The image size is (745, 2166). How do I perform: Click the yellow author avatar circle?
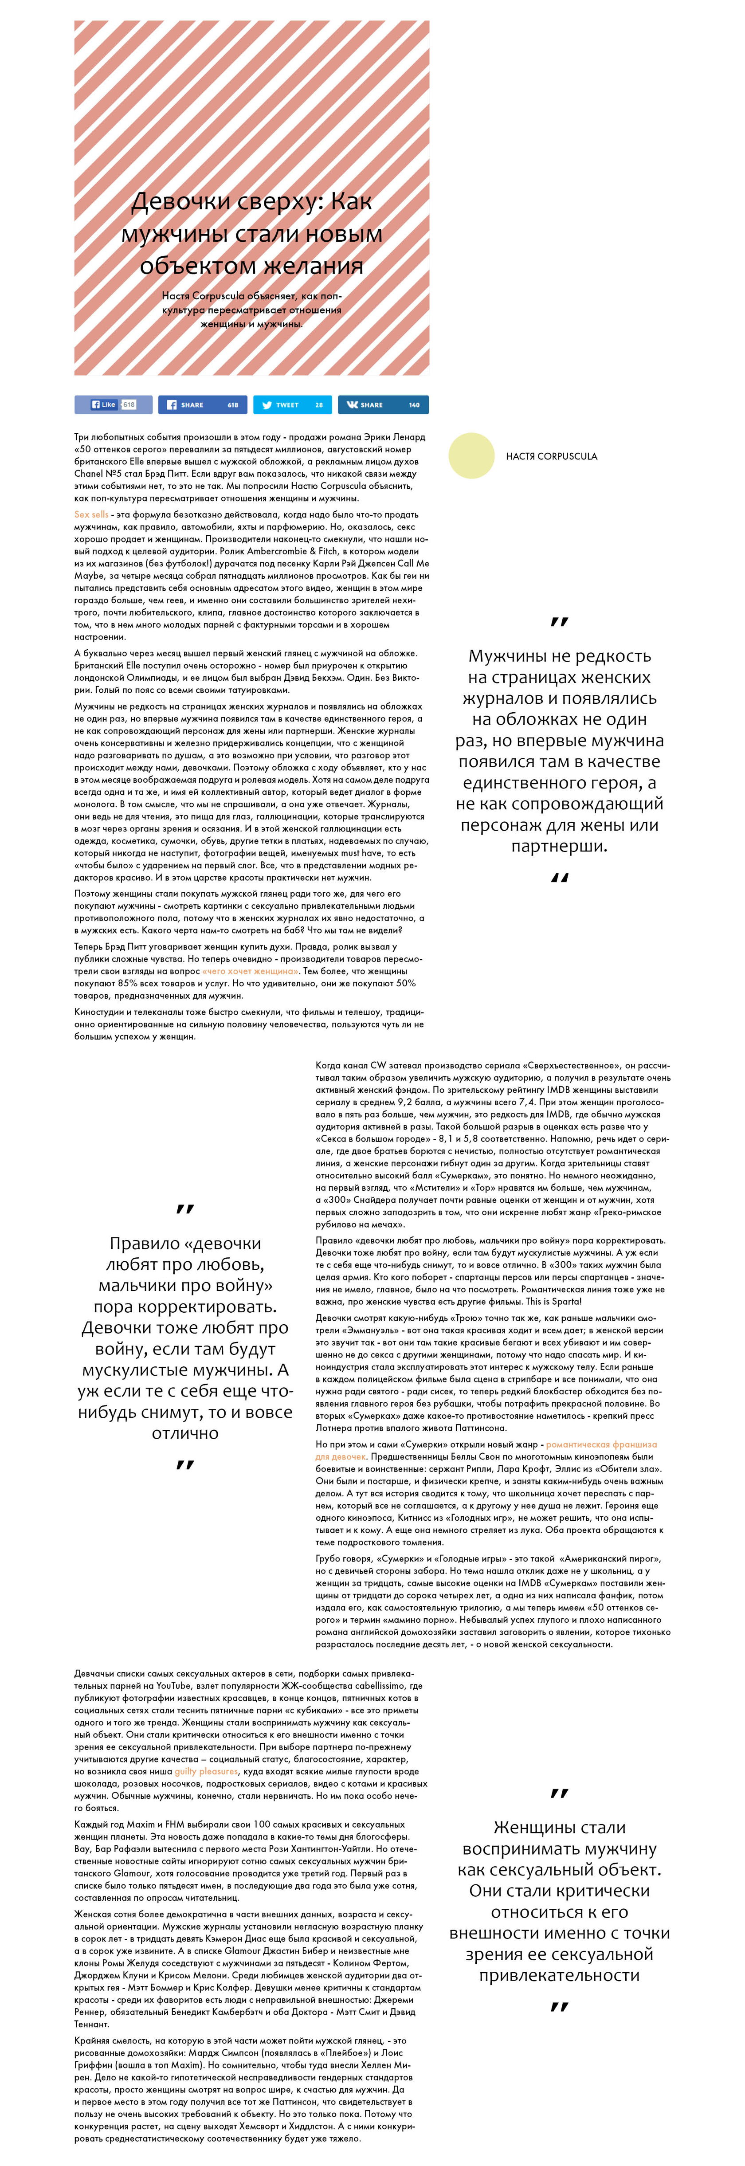tap(472, 455)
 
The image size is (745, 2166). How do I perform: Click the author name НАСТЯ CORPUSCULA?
tap(552, 456)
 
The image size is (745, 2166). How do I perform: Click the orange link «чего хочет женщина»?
tap(251, 970)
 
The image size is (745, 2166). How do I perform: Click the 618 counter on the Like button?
tap(129, 404)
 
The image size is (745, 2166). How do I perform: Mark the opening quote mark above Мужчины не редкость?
tap(558, 623)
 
